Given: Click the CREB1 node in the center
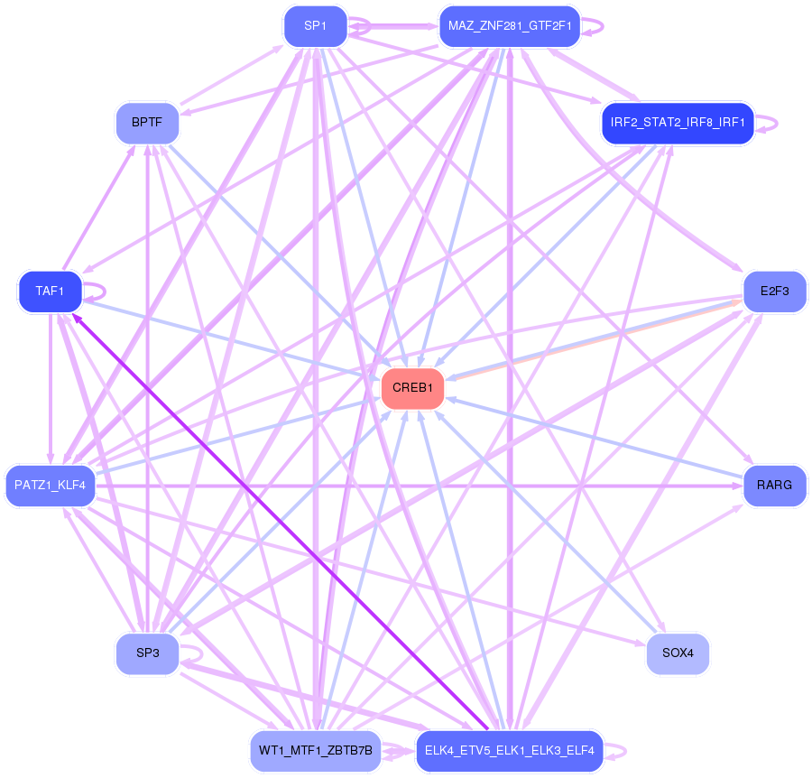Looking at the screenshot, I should coord(413,388).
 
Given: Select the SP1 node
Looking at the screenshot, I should coord(315,26).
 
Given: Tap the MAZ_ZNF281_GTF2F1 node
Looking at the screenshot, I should coord(509,26).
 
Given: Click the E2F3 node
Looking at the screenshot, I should coord(774,292).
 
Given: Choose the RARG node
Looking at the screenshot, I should coord(774,486).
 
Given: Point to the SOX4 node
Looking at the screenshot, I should coord(678,654).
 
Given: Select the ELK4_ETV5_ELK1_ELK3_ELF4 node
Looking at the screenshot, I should coord(509,750).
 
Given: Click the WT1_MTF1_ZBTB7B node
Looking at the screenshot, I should coord(315,750).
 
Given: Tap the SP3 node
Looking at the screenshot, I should coord(148,654).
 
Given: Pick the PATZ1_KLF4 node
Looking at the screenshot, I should coord(51,486).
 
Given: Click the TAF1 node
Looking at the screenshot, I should coord(51,292).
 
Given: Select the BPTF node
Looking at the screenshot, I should coord(148,123).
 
